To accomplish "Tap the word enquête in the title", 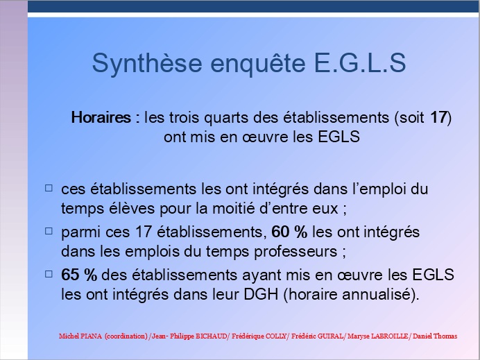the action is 258,64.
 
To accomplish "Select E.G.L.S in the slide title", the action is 360,62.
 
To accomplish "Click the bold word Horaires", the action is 101,117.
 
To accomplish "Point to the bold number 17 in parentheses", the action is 439,117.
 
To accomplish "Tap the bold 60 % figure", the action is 289,232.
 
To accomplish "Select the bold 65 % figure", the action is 79,275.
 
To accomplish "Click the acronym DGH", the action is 261,294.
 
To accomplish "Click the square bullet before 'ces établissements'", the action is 49,188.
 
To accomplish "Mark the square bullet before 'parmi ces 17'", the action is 49,230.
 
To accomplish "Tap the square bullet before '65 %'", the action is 49,273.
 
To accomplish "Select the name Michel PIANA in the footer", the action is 80,336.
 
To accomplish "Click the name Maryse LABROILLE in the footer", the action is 378,336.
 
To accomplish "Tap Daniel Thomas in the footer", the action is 435,336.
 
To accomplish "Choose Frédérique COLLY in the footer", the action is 259,336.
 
